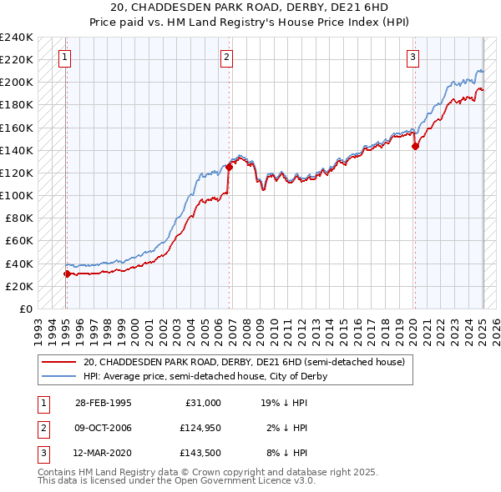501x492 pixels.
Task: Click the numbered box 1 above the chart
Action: coord(65,58)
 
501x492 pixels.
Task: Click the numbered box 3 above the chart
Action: coord(413,58)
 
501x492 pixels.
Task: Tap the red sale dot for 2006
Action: coord(229,167)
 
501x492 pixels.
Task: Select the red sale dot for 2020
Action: coord(415,146)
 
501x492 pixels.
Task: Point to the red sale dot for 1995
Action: coord(67,274)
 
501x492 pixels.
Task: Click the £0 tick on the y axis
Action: coord(25,309)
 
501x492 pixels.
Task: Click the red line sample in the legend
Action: coord(59,362)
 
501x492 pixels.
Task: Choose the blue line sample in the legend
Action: coord(59,376)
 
